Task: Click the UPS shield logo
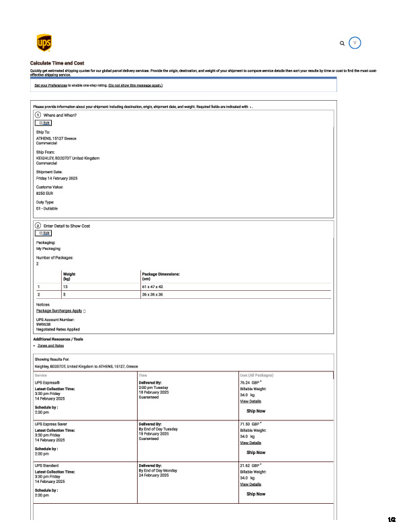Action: (42, 43)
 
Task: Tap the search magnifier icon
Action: (342, 43)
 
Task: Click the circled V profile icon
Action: (355, 42)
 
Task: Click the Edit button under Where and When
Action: (44, 123)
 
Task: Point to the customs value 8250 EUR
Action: (45, 193)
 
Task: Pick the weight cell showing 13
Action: (66, 286)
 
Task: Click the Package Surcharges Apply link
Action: (59, 310)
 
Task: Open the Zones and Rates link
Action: (51, 345)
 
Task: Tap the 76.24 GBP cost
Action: (250, 382)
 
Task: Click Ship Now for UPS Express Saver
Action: (256, 452)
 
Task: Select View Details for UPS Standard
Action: (250, 484)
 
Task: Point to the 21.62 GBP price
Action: (250, 465)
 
